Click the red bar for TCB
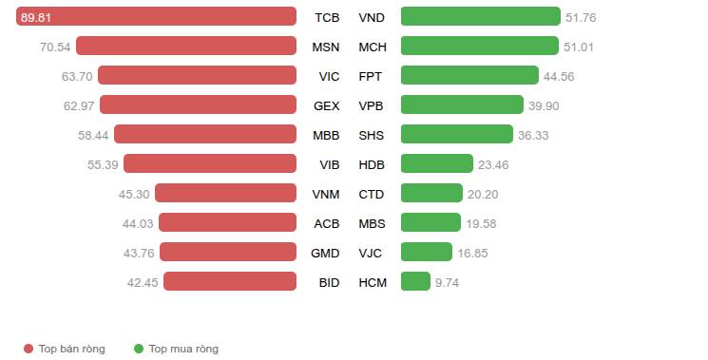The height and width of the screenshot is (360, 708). click(x=156, y=16)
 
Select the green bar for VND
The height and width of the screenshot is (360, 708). click(x=481, y=16)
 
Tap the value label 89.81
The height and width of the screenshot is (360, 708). click(x=36, y=18)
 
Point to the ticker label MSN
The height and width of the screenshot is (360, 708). click(x=326, y=47)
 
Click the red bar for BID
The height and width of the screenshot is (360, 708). click(x=230, y=281)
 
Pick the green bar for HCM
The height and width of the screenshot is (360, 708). click(x=415, y=281)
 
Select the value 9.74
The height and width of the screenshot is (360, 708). click(x=447, y=283)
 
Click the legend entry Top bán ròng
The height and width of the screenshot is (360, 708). click(x=65, y=349)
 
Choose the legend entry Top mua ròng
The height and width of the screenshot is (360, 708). click(x=176, y=349)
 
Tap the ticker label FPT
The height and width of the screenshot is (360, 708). click(x=371, y=77)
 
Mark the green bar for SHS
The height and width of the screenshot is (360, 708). click(x=457, y=134)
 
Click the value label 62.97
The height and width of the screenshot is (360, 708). click(x=79, y=106)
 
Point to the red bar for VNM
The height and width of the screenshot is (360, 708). click(x=226, y=193)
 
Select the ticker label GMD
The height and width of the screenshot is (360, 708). click(x=325, y=254)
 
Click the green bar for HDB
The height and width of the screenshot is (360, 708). click(x=437, y=163)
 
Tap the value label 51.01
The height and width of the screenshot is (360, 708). click(x=579, y=47)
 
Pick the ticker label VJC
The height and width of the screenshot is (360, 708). click(x=371, y=254)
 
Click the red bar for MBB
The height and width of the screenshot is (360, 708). click(x=205, y=134)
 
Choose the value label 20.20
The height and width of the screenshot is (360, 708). click(x=483, y=195)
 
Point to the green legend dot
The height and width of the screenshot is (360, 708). click(x=139, y=349)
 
